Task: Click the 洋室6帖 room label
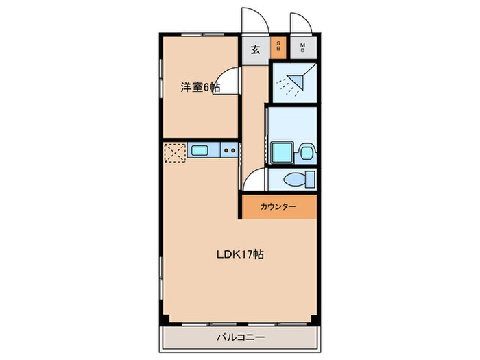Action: coord(200,87)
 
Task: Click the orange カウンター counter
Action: coord(278,206)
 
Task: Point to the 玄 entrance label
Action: coord(254,49)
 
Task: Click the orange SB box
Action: coord(278,48)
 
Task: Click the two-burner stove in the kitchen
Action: coord(229,149)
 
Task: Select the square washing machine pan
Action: coord(281,152)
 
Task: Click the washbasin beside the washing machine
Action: coord(307,152)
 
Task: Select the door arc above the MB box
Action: coord(301,22)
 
